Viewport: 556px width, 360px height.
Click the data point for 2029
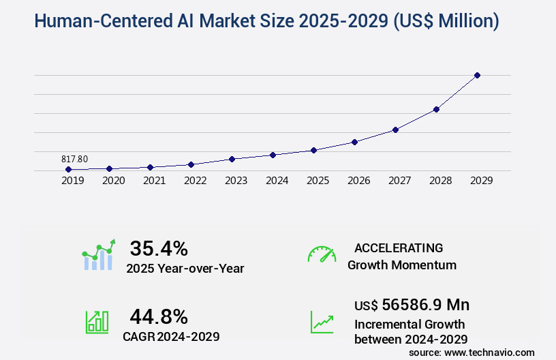(x=477, y=75)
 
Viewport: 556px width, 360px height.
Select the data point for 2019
(x=68, y=169)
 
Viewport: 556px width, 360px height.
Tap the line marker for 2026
(x=354, y=142)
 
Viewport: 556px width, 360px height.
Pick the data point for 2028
(x=436, y=109)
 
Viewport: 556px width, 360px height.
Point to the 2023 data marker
(x=232, y=159)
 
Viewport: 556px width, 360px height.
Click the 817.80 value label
(x=74, y=159)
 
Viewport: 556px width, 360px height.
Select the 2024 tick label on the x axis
(x=277, y=181)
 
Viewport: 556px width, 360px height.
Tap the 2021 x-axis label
(x=154, y=181)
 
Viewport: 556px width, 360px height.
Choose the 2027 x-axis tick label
(x=399, y=181)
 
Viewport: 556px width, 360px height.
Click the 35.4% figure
(x=159, y=248)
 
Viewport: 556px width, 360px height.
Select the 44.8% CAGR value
(x=159, y=316)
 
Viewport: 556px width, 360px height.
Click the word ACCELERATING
(x=399, y=247)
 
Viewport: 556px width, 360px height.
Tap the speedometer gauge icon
(x=322, y=254)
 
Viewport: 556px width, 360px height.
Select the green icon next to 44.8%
(x=97, y=321)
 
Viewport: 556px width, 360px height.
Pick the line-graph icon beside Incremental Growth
(x=322, y=322)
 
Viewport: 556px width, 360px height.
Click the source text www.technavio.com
(x=492, y=352)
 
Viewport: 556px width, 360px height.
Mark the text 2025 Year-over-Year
(x=185, y=269)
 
